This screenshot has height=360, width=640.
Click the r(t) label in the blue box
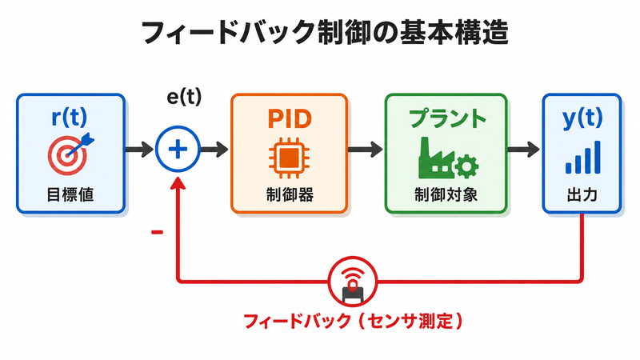70,117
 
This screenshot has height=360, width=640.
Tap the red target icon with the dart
70,154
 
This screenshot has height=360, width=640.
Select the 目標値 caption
70,194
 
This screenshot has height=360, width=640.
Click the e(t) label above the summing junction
184,97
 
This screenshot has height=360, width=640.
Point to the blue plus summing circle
178,149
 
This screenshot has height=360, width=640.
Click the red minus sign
157,232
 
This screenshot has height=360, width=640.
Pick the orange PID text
290,118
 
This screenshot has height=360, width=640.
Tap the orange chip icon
289,158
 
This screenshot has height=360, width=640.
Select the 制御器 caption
290,194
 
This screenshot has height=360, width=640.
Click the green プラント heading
448,118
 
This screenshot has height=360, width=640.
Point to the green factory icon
448,158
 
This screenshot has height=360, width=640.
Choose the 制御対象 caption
446,194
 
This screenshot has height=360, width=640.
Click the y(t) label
582,118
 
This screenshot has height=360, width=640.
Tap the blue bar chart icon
583,157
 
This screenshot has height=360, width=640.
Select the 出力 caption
582,195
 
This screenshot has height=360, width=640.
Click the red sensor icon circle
353,282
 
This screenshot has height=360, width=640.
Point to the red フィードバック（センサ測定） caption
354,322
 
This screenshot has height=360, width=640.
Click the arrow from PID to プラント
366,150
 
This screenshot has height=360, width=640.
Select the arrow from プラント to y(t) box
523,150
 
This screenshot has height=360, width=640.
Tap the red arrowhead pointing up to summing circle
178,182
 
